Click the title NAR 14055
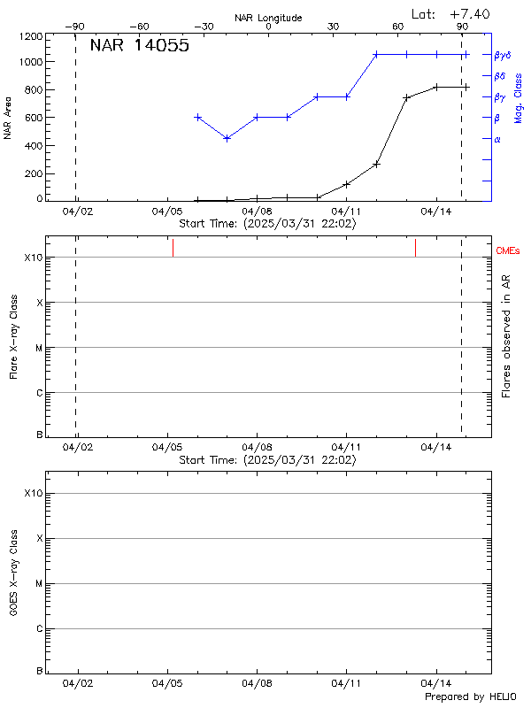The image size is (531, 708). click(139, 47)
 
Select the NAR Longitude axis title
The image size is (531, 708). click(268, 18)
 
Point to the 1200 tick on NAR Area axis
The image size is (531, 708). click(32, 37)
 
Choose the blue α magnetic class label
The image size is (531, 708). click(497, 139)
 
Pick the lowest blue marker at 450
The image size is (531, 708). click(227, 138)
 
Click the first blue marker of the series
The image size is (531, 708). click(197, 117)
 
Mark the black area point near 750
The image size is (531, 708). click(406, 97)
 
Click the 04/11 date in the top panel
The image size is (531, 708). click(346, 212)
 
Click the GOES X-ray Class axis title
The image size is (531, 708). click(13, 573)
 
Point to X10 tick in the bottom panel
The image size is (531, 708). click(33, 493)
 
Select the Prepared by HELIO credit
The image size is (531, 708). click(468, 697)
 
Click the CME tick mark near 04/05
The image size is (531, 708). click(173, 249)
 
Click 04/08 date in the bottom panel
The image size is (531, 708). click(257, 684)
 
